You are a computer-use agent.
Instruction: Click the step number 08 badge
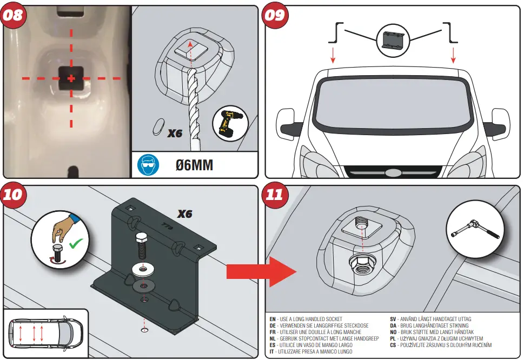point(14,15)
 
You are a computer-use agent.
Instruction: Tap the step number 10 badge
point(14,195)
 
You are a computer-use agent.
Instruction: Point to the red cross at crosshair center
point(71,79)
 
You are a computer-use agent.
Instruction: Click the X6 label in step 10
point(185,214)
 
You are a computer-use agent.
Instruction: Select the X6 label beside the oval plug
point(175,133)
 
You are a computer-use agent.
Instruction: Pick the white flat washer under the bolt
point(143,268)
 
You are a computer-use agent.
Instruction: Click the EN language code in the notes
point(273,319)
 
